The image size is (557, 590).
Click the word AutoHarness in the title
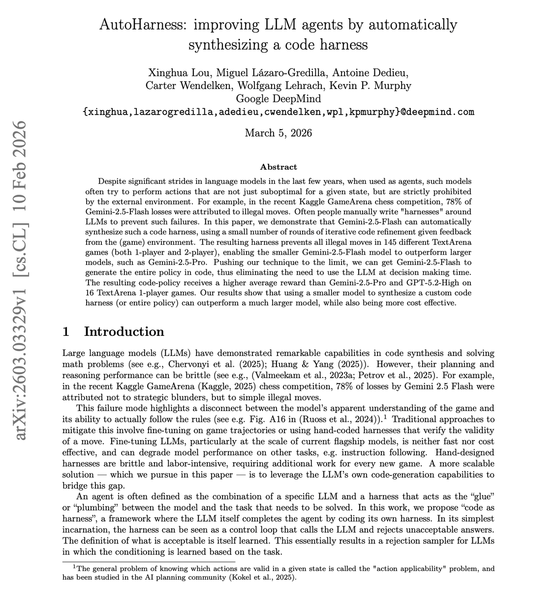pyautogui.click(x=143, y=25)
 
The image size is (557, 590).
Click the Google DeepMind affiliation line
pyautogui.click(x=278, y=98)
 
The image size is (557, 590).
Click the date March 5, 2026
pyautogui.click(x=278, y=133)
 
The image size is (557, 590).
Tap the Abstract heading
pyautogui.click(x=278, y=167)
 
